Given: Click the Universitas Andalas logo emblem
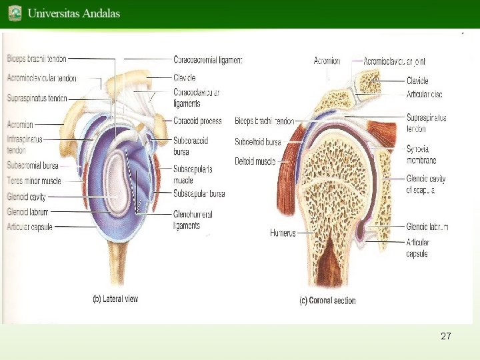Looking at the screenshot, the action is click(x=15, y=13).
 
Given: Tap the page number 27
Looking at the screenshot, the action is click(x=446, y=336).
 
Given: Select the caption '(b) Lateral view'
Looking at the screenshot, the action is click(x=115, y=299).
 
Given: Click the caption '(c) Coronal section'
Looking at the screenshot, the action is click(x=327, y=301).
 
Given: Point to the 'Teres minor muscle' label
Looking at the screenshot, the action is click(x=33, y=181).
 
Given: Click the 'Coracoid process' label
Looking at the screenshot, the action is click(x=197, y=121).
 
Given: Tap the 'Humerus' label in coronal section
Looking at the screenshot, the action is click(x=283, y=233).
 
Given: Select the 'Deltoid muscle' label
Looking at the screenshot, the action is click(x=255, y=161).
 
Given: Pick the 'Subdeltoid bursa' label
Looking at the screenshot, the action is click(x=258, y=142).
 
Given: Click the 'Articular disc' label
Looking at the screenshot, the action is click(x=424, y=95).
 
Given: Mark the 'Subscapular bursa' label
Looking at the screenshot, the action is click(x=199, y=194).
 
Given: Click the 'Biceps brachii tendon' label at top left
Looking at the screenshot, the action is click(x=36, y=59).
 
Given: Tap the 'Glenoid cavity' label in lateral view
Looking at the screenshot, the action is click(x=27, y=197).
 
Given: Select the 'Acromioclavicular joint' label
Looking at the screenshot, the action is click(x=394, y=61).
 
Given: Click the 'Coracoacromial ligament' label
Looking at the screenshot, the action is click(x=207, y=60).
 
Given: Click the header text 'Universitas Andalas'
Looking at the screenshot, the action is click(x=74, y=13).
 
